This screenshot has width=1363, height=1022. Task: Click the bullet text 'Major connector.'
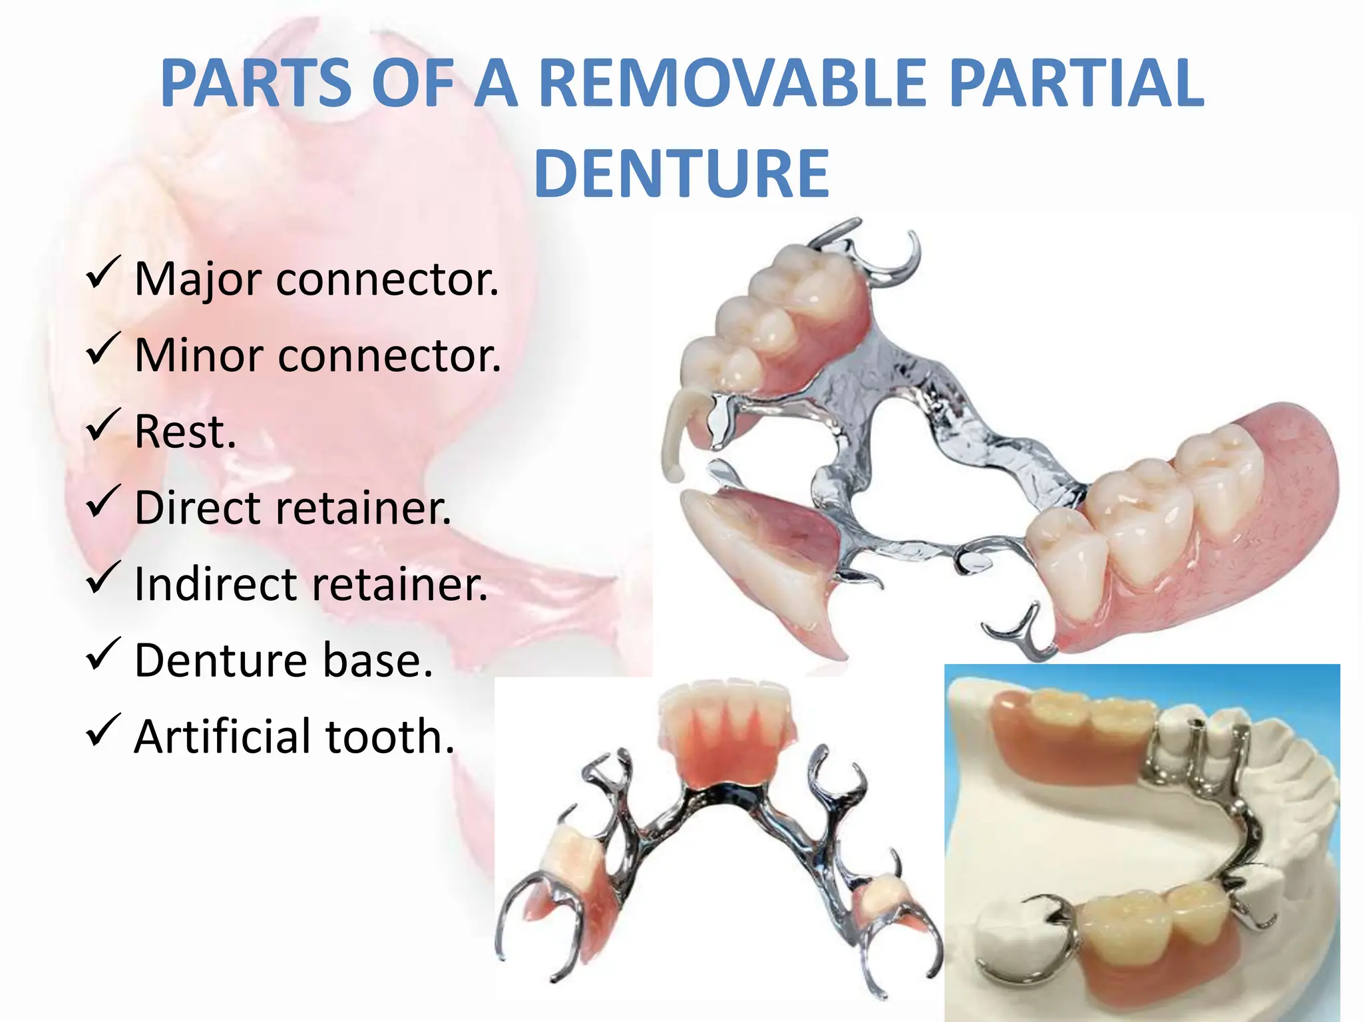316,279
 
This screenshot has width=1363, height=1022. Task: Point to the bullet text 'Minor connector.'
317,355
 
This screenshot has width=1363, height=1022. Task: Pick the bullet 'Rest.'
185,432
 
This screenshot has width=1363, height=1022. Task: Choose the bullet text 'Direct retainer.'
293,508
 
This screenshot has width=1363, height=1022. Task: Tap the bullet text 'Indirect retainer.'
311,584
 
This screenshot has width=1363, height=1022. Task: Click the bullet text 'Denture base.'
284,660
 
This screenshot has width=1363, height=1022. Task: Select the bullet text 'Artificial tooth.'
294,737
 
